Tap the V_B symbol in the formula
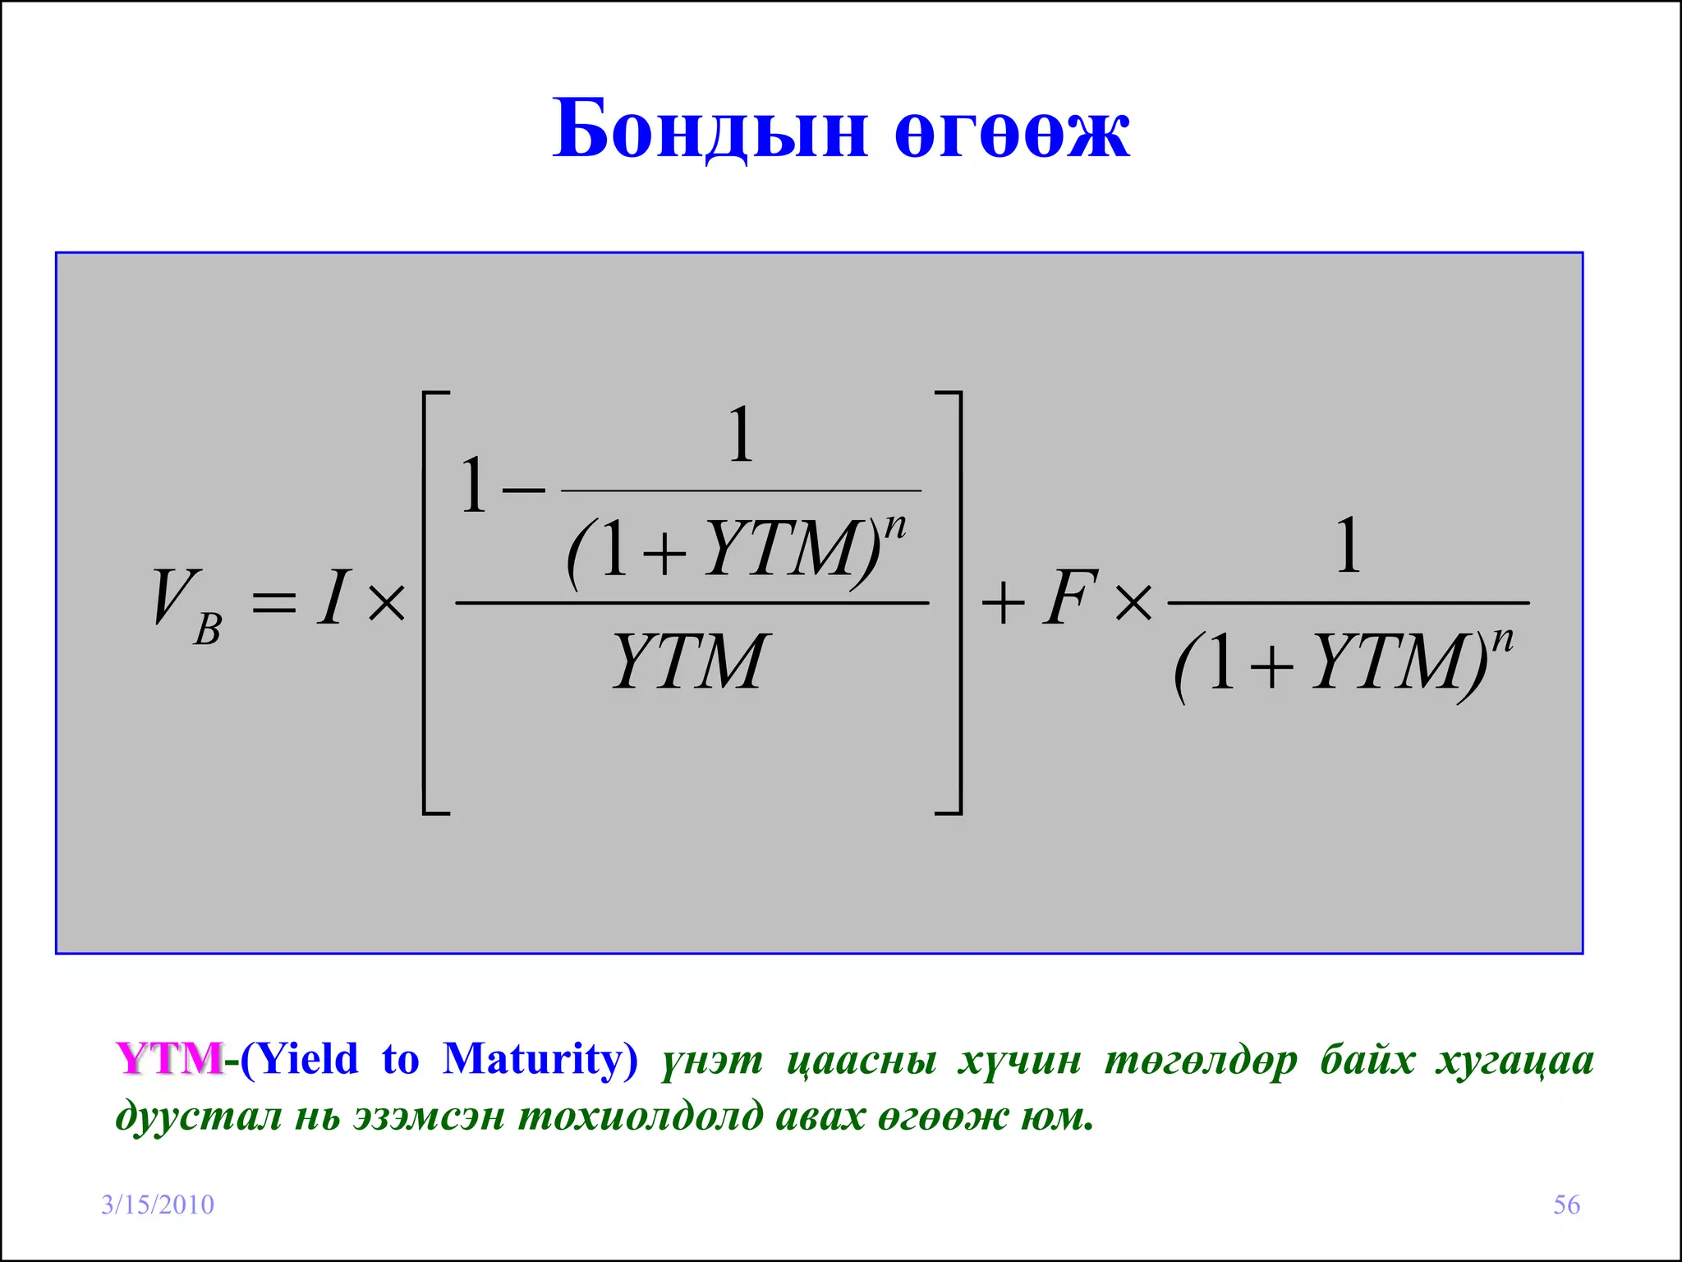click(186, 605)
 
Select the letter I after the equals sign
click(333, 598)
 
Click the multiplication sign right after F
click(1133, 604)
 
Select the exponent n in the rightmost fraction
click(1502, 639)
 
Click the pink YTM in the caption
click(169, 1058)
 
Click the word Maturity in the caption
click(534, 1060)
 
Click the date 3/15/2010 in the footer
click(157, 1204)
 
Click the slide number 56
click(1566, 1204)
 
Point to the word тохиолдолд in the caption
click(641, 1117)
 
